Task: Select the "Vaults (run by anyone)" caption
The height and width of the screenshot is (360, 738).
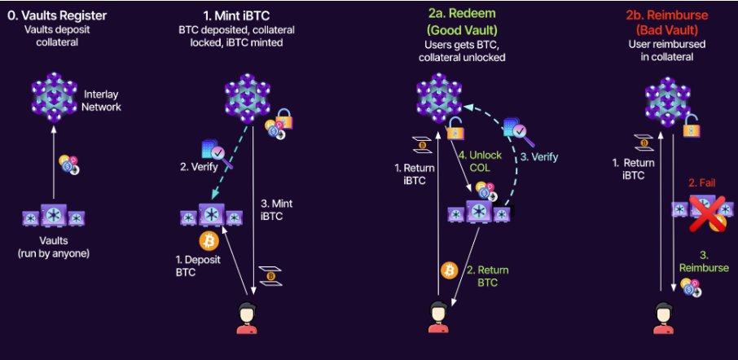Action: point(55,248)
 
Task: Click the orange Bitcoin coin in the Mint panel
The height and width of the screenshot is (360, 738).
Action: point(209,241)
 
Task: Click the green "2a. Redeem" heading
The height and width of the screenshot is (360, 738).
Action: point(462,16)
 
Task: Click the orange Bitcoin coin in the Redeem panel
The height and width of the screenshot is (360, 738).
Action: point(447,270)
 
